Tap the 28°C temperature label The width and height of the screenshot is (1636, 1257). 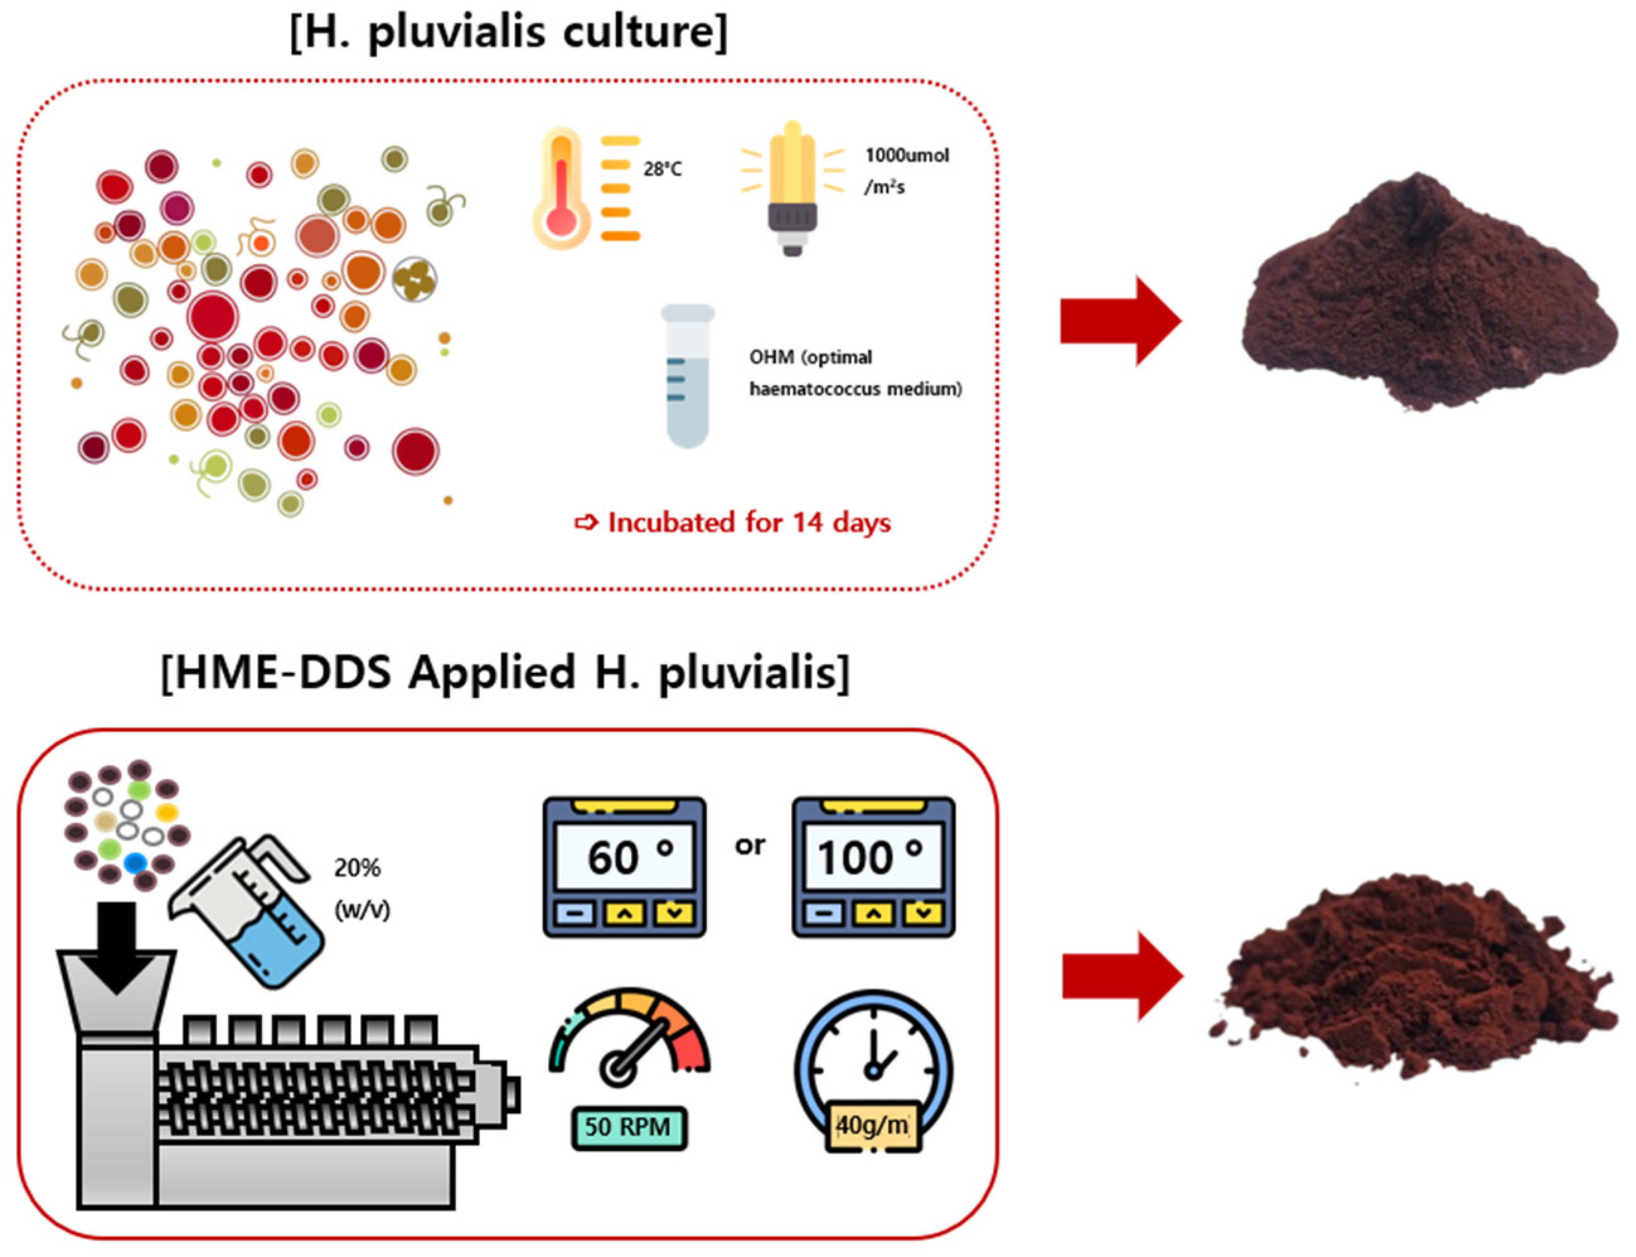click(x=662, y=169)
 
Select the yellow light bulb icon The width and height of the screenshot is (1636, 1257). click(x=792, y=187)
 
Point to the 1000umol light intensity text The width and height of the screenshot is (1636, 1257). click(x=906, y=156)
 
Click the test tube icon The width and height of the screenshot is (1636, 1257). click(x=687, y=375)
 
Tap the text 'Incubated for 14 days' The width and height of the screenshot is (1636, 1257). click(x=748, y=522)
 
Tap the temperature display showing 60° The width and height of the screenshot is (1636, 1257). click(x=624, y=866)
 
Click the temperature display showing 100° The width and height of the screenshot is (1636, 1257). click(x=873, y=866)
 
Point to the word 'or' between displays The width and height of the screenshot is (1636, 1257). click(x=750, y=846)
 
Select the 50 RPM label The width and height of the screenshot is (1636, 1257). click(x=627, y=1127)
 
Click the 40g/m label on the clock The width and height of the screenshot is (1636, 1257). click(x=872, y=1125)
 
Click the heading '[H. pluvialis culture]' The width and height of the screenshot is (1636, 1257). click(x=508, y=32)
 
